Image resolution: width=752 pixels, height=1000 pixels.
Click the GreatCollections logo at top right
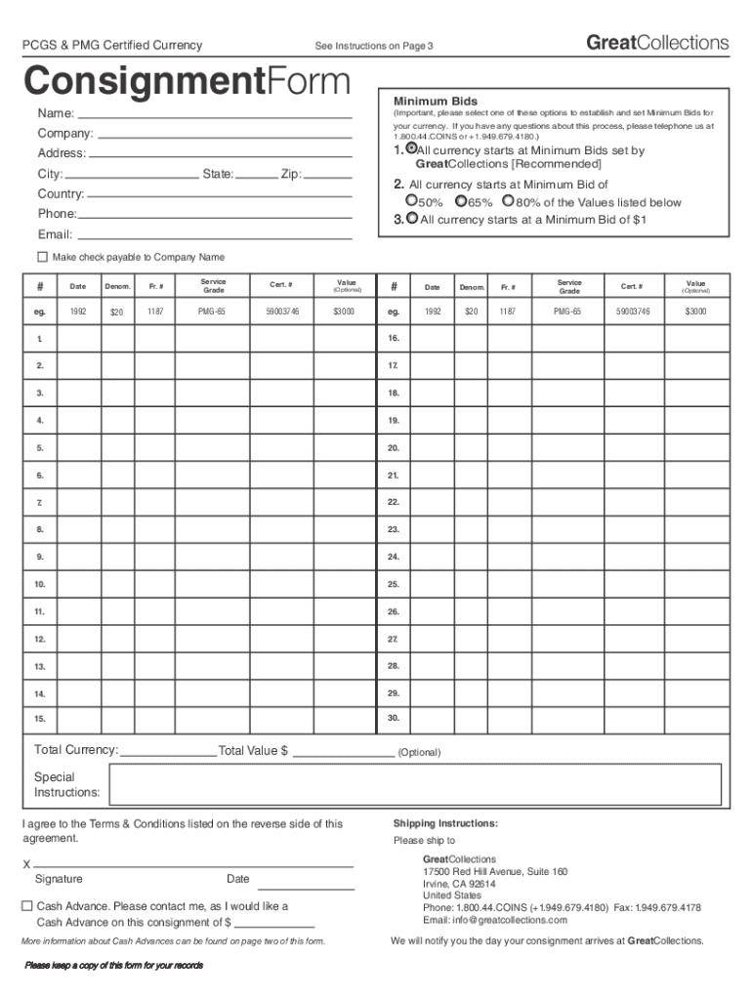coord(657,43)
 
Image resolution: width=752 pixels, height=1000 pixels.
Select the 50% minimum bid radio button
coord(411,201)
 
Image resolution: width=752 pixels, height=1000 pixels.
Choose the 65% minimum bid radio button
coord(461,201)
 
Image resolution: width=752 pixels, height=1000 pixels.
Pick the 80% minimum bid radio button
coord(508,201)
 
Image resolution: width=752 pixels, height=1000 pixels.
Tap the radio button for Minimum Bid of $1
coord(412,219)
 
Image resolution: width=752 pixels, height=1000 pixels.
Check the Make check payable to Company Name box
coord(42,257)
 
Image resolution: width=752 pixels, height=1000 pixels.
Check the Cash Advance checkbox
coord(27,905)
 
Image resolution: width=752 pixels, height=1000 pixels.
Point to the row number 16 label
coord(393,338)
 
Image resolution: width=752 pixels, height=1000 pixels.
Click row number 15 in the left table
coord(40,720)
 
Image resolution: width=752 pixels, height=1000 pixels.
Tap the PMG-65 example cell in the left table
coord(213,312)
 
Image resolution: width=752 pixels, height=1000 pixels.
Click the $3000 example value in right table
coord(694,312)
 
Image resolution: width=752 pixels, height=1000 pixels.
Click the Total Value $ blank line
coord(344,751)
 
